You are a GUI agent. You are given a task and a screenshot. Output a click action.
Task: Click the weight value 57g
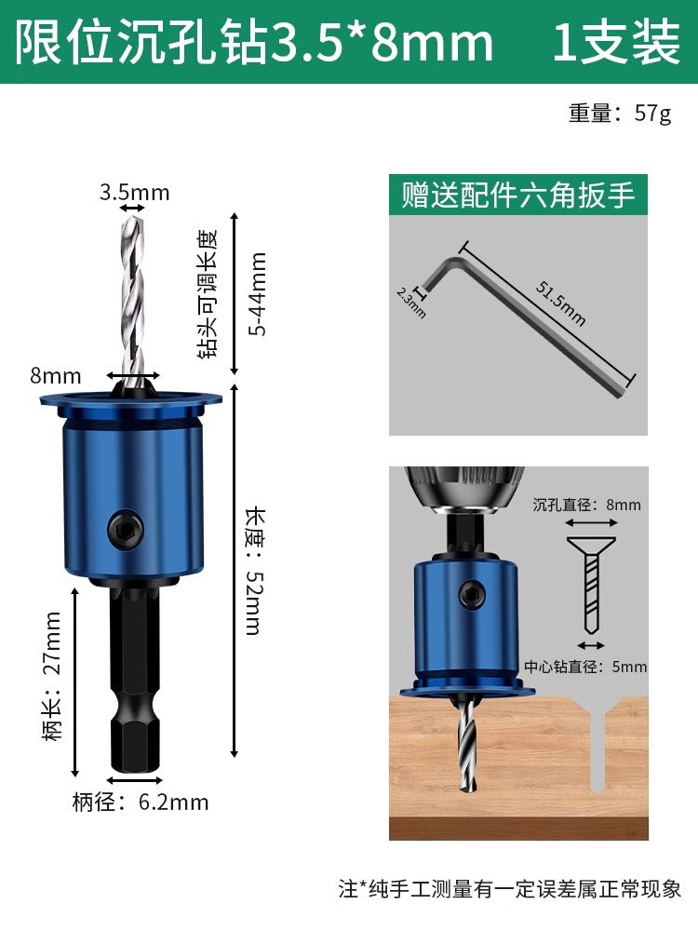coord(652,113)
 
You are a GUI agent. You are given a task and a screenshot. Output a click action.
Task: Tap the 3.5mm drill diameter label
coord(134,192)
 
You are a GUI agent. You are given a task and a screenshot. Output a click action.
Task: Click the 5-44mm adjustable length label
coord(258,294)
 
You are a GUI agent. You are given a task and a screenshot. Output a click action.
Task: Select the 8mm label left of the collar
coord(55,375)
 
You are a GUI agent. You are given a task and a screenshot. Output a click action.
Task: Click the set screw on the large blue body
coord(126,527)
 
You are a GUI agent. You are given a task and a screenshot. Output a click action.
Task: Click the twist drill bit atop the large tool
coord(133,303)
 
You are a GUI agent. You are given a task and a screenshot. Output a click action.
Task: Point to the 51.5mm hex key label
coord(560,303)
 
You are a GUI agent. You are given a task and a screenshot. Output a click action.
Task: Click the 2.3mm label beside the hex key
coord(410,303)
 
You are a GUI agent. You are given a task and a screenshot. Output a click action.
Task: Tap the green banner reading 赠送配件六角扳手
coord(518,195)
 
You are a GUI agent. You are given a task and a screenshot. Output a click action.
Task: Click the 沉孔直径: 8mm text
coord(586,505)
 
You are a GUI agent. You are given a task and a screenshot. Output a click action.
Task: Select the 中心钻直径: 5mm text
coord(585,667)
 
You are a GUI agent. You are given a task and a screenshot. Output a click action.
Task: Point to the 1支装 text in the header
coord(616,42)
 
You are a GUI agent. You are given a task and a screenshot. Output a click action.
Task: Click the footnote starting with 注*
coord(510,889)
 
